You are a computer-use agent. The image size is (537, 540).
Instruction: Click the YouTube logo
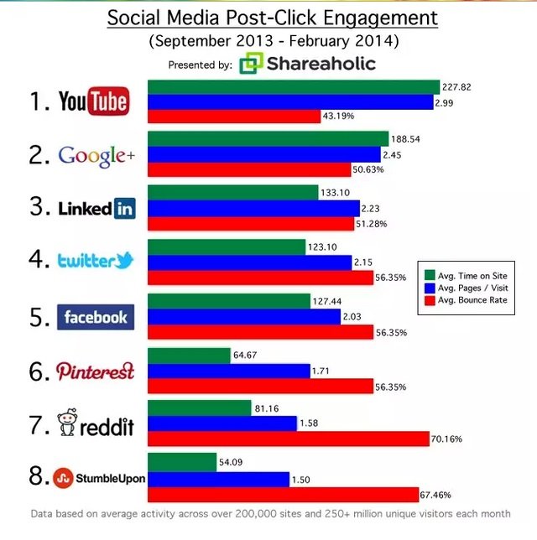pyautogui.click(x=93, y=102)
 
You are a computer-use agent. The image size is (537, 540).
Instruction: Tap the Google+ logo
pyautogui.click(x=96, y=155)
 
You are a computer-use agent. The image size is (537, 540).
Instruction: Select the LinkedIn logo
pyautogui.click(x=96, y=209)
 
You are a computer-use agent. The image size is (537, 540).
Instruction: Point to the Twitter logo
pyautogui.click(x=96, y=261)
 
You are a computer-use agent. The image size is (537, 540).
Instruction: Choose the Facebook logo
pyautogui.click(x=96, y=317)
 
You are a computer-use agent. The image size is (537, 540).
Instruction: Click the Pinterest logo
pyautogui.click(x=95, y=371)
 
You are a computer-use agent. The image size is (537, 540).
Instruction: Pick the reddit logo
pyautogui.click(x=95, y=424)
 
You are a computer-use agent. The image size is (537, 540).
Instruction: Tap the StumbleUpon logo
pyautogui.click(x=99, y=478)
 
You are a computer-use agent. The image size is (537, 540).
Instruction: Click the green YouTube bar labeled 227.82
pyautogui.click(x=294, y=87)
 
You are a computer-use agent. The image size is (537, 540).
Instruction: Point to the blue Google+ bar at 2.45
pyautogui.click(x=263, y=154)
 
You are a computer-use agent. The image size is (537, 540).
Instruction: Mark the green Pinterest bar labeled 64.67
pyautogui.click(x=189, y=356)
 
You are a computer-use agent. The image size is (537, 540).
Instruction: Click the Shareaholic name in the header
pyautogui.click(x=321, y=64)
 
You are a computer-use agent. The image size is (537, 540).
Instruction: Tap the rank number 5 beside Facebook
pyautogui.click(x=38, y=317)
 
